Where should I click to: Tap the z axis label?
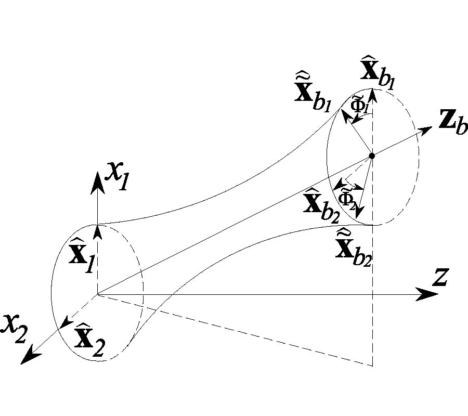440,278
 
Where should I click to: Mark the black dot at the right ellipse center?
372,155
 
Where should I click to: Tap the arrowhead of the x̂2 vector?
64,324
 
